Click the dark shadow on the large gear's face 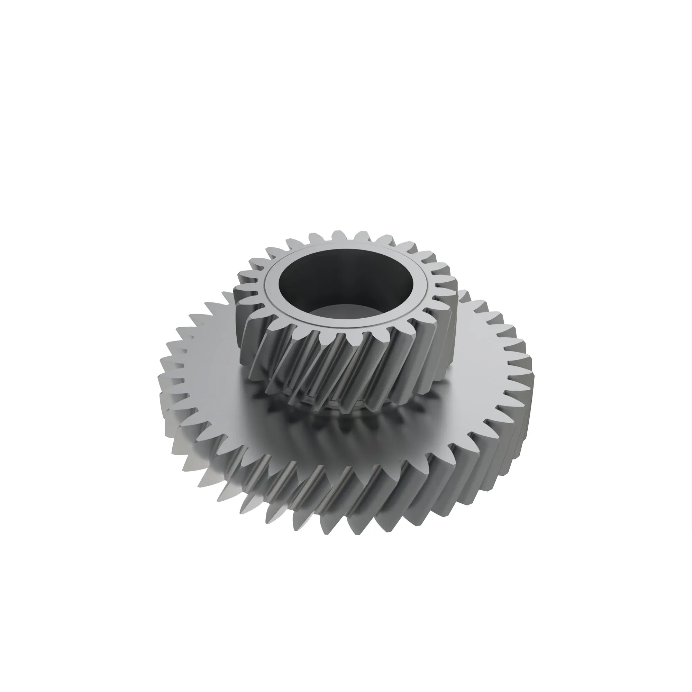click(344, 434)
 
